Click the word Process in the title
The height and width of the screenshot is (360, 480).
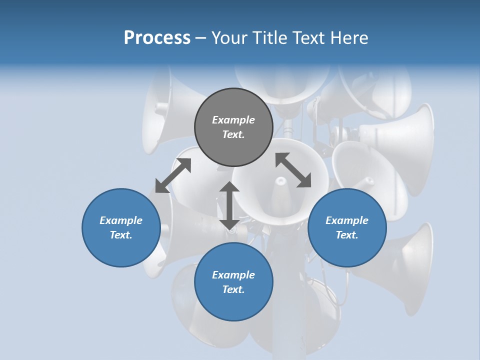(x=157, y=38)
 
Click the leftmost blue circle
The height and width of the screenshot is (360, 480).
(x=121, y=227)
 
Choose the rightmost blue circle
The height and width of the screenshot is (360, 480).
(x=347, y=227)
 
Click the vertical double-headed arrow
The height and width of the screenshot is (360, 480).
(x=229, y=205)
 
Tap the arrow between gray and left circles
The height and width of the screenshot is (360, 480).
(x=173, y=175)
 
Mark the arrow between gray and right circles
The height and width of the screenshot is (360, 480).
(x=293, y=170)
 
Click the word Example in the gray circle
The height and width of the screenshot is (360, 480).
(x=233, y=120)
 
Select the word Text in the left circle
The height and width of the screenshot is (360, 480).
(x=121, y=235)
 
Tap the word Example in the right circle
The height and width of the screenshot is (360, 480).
(x=347, y=220)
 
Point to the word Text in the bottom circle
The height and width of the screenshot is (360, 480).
(x=233, y=289)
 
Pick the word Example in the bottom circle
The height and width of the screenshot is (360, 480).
(x=233, y=275)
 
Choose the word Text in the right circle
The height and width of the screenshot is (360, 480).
(x=347, y=235)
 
